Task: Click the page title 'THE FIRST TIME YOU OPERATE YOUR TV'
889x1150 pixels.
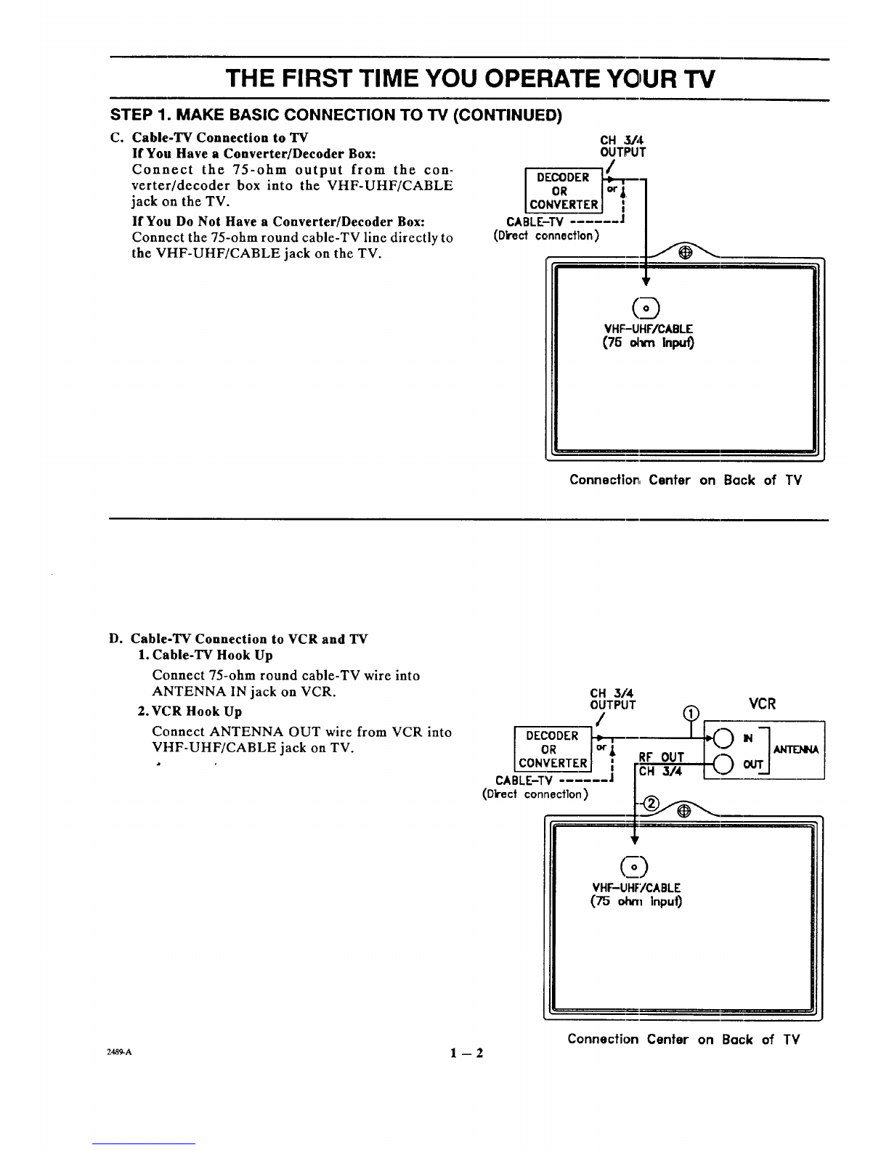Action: coord(470,79)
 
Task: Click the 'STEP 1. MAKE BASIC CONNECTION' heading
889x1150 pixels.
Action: coord(336,115)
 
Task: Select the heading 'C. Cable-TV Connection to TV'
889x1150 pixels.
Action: coord(209,138)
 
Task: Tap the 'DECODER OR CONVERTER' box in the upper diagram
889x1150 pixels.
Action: coord(564,190)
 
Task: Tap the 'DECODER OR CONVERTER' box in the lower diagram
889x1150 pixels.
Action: coord(553,749)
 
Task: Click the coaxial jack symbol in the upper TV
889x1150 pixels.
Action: coord(646,308)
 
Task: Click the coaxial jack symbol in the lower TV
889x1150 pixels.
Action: coord(634,867)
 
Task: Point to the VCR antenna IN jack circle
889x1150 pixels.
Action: coord(723,738)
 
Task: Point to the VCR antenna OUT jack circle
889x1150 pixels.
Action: coord(723,764)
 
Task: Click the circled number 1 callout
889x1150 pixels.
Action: coord(691,714)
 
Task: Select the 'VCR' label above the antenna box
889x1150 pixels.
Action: coord(762,704)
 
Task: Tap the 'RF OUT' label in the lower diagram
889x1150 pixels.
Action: coord(662,757)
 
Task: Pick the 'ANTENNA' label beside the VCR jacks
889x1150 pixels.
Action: coord(796,749)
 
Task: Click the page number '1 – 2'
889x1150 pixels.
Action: coord(466,1053)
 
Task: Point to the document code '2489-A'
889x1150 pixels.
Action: coord(119,1051)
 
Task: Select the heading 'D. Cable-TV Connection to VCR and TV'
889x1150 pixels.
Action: coord(238,639)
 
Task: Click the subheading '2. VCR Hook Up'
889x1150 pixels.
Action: coord(190,711)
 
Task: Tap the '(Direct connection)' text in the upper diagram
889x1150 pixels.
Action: coord(546,235)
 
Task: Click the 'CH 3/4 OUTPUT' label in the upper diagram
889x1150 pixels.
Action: coord(622,146)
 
